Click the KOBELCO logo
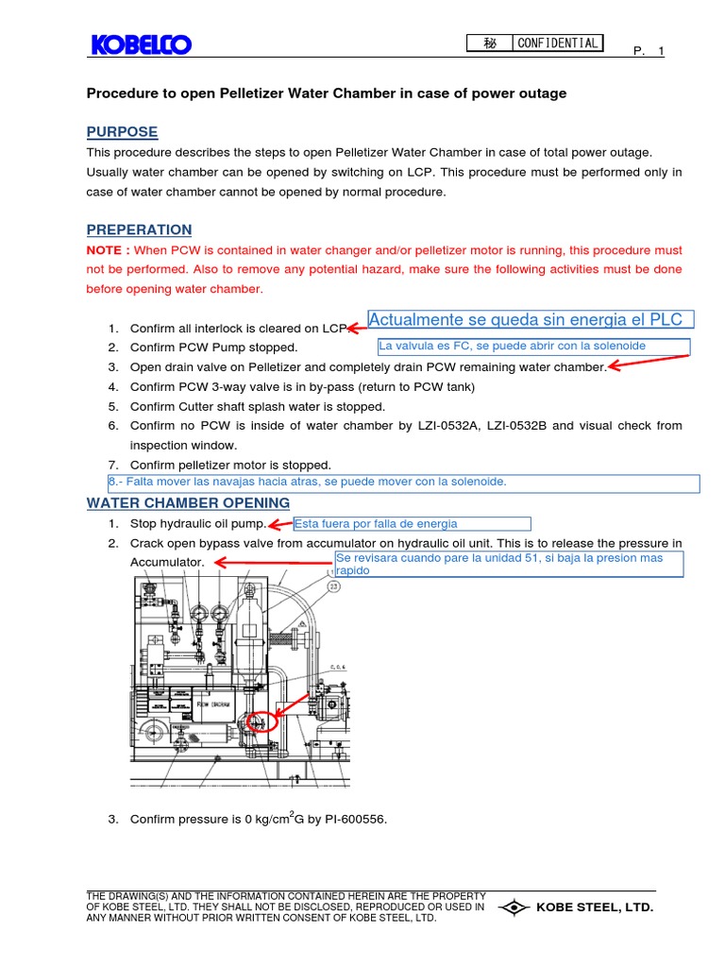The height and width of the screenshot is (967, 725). click(x=141, y=44)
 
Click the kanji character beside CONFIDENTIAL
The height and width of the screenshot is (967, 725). click(x=490, y=42)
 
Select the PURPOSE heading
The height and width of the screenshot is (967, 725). click(x=122, y=131)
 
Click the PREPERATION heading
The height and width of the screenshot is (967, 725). click(x=139, y=229)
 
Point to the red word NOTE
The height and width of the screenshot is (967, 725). click(x=107, y=250)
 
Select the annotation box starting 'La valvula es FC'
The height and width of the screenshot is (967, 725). click(x=533, y=347)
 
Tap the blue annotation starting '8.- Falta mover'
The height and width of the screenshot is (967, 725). click(x=404, y=483)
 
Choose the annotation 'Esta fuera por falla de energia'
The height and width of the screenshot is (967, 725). click(x=411, y=524)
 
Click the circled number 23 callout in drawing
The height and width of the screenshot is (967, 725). click(x=333, y=585)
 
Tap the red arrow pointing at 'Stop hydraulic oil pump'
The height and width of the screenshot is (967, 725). click(x=280, y=525)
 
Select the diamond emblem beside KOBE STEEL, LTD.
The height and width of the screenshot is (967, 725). click(x=514, y=908)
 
